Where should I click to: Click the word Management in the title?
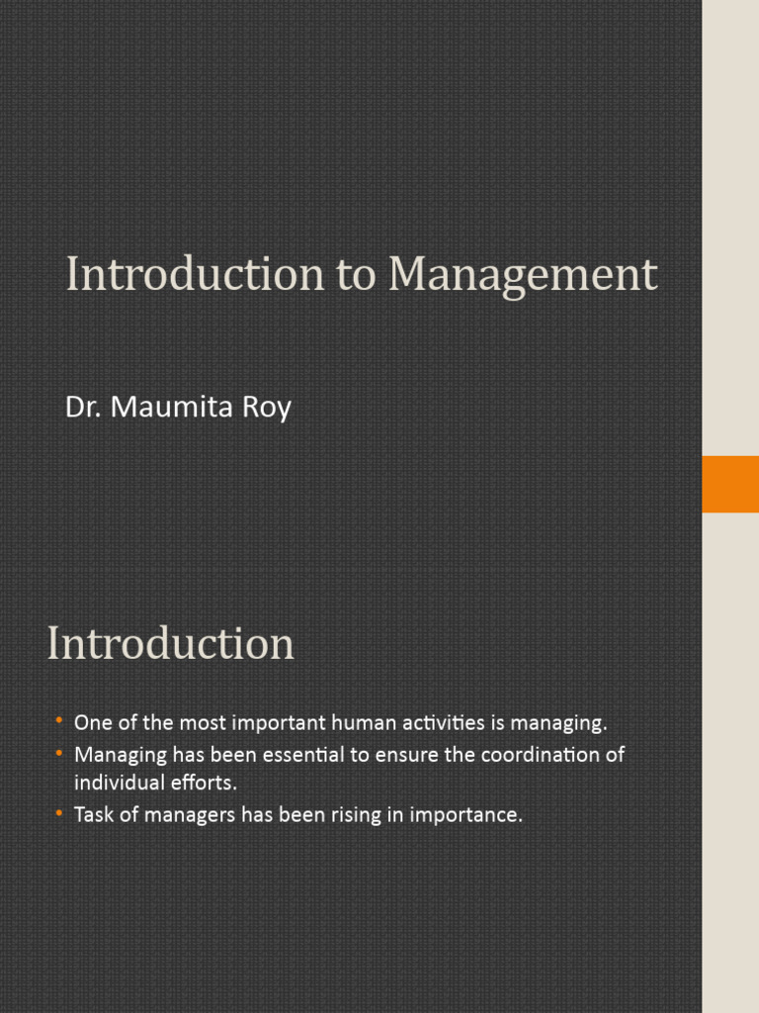tap(522, 275)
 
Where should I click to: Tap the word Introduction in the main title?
tap(195, 275)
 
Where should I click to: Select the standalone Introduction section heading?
tap(170, 644)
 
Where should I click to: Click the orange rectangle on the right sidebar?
tap(729, 484)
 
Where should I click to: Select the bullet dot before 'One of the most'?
tap(60, 719)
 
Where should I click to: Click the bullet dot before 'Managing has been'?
tap(60, 753)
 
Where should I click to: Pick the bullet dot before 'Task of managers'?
tap(60, 813)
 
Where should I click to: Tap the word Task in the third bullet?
tap(94, 816)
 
